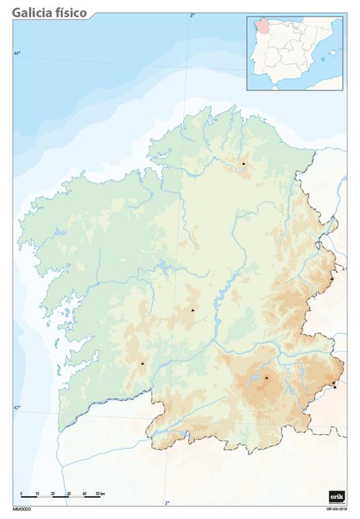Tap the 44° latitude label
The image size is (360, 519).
(17, 53)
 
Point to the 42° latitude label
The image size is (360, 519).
(17, 408)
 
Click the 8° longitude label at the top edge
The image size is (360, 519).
(192, 15)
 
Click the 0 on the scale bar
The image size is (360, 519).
(21, 494)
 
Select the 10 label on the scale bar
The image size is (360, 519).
(37, 494)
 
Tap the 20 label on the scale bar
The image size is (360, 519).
(52, 494)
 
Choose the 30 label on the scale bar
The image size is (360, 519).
(69, 494)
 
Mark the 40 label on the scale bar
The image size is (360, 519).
(84, 494)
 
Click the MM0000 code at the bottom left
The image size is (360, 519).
(22, 509)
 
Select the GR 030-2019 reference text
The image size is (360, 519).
(336, 509)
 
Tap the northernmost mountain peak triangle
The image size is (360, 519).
(244, 163)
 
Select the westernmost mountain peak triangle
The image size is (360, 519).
(142, 363)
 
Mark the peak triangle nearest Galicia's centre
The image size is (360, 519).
(193, 310)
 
